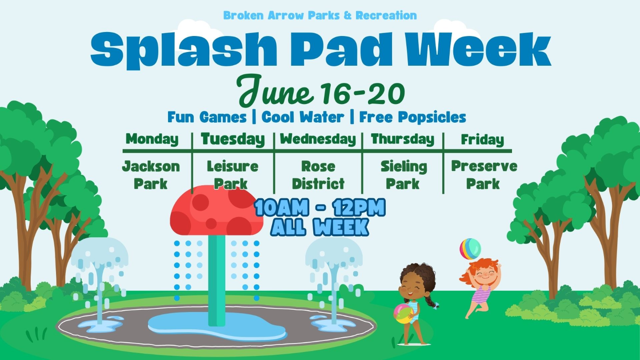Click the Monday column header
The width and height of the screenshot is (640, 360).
click(152, 139)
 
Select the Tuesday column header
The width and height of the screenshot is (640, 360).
click(233, 139)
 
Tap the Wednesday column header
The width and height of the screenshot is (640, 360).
click(318, 139)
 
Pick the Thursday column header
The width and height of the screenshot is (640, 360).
click(403, 139)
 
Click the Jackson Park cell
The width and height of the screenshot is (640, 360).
click(151, 175)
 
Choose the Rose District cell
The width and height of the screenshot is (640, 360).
click(318, 175)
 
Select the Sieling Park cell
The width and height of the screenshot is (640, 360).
click(403, 175)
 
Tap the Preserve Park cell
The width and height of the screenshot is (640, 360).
click(484, 175)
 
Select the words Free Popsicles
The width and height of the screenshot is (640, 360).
click(413, 117)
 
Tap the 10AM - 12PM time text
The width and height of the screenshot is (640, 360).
click(320, 208)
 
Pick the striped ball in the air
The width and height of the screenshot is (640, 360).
click(470, 249)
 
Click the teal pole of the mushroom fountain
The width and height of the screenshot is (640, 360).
click(217, 280)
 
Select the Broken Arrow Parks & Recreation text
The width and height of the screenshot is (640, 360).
click(320, 16)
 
